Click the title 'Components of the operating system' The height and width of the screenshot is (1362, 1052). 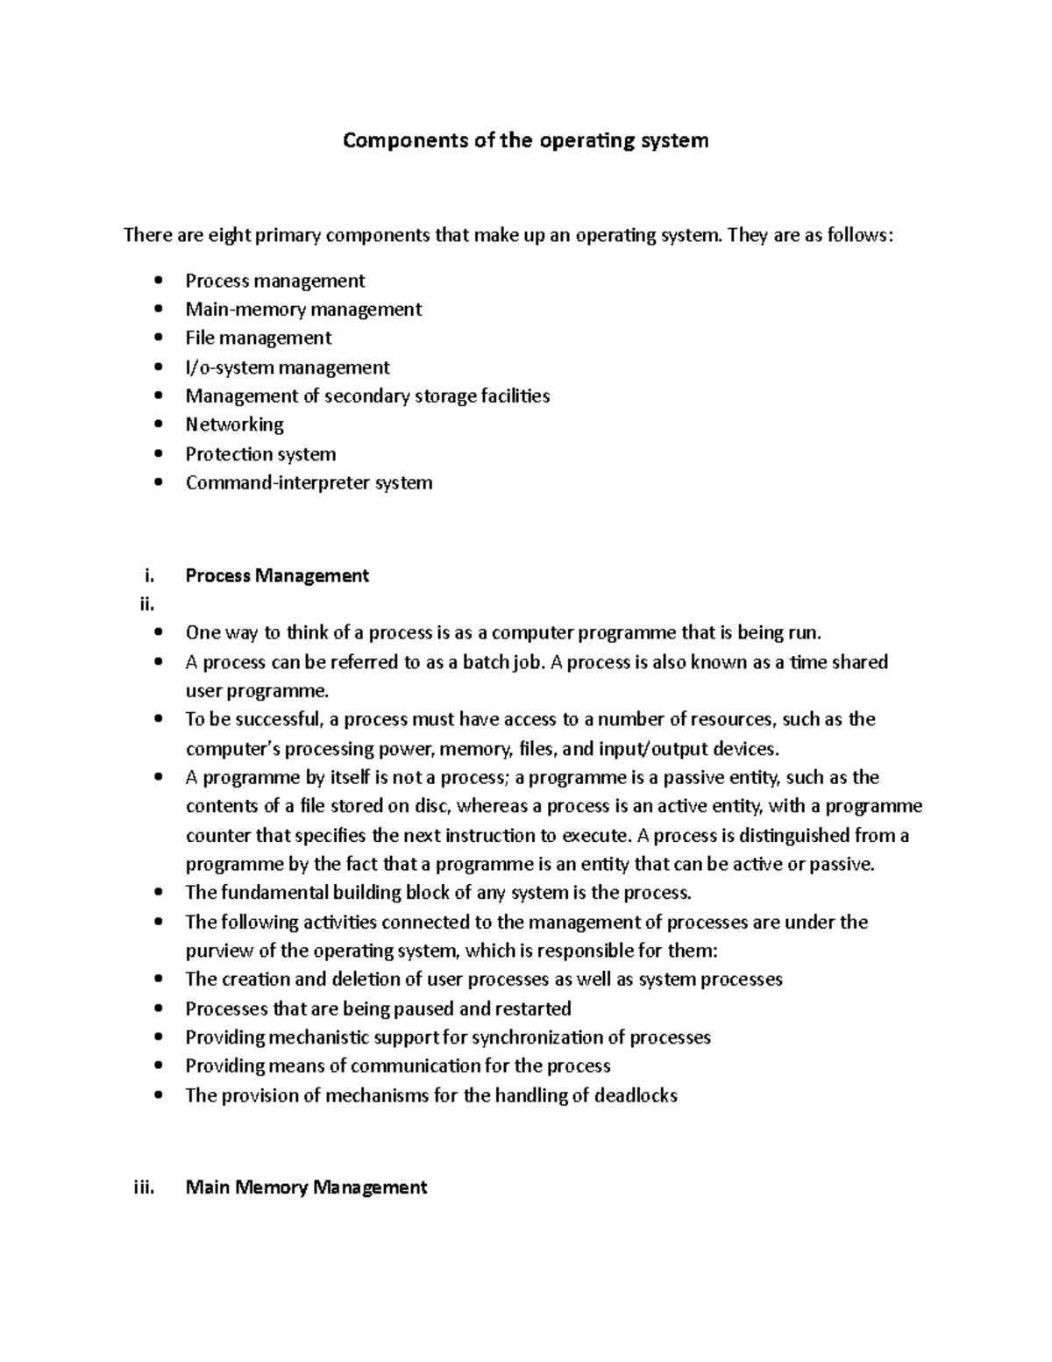coord(525,140)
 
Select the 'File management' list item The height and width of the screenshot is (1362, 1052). coord(258,338)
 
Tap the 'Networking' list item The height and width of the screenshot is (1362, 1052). coord(234,424)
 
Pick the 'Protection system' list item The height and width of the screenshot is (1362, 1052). coord(260,454)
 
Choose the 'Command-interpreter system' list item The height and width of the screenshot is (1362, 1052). coord(309,482)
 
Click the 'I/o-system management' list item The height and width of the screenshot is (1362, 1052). coord(288,367)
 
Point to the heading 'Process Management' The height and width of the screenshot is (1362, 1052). coord(277,575)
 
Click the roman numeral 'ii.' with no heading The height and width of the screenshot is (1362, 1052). coord(146,604)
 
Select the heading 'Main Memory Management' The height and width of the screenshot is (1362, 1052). coord(306,1187)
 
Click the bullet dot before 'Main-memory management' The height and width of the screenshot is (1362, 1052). coord(158,310)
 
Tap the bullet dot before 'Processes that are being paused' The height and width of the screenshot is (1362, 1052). coord(158,1009)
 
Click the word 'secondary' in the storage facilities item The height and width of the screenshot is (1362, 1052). coord(366,396)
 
